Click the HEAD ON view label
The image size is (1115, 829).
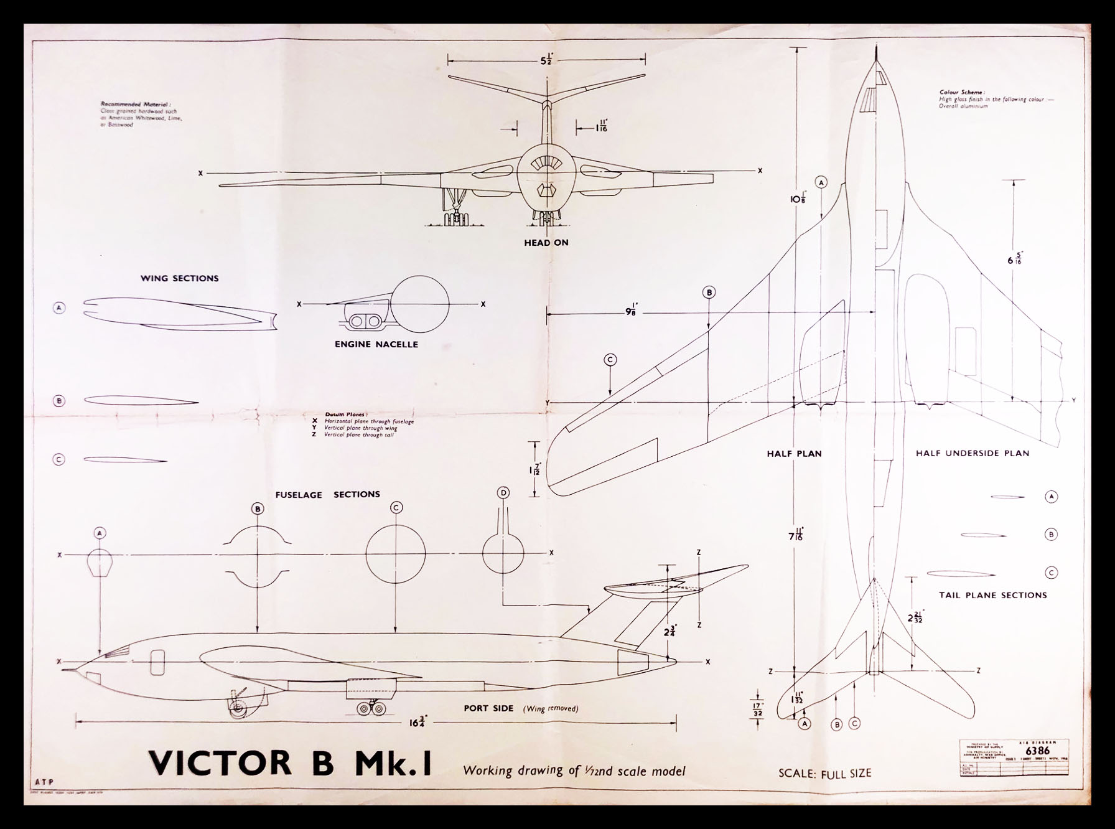tap(546, 243)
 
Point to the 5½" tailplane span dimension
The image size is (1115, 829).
tap(546, 60)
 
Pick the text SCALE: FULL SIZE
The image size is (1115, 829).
tap(824, 774)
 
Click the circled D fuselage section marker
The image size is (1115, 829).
tap(503, 493)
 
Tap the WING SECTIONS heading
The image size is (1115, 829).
tap(179, 278)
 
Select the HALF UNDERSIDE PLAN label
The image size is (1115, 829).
tap(972, 453)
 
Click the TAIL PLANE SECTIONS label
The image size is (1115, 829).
tap(992, 595)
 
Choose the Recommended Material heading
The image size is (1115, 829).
tap(135, 105)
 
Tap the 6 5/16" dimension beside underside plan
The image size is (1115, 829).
tap(1015, 258)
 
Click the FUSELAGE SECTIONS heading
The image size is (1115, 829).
tap(327, 494)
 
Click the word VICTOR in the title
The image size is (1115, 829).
tap(220, 764)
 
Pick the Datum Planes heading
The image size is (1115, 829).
tap(346, 414)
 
